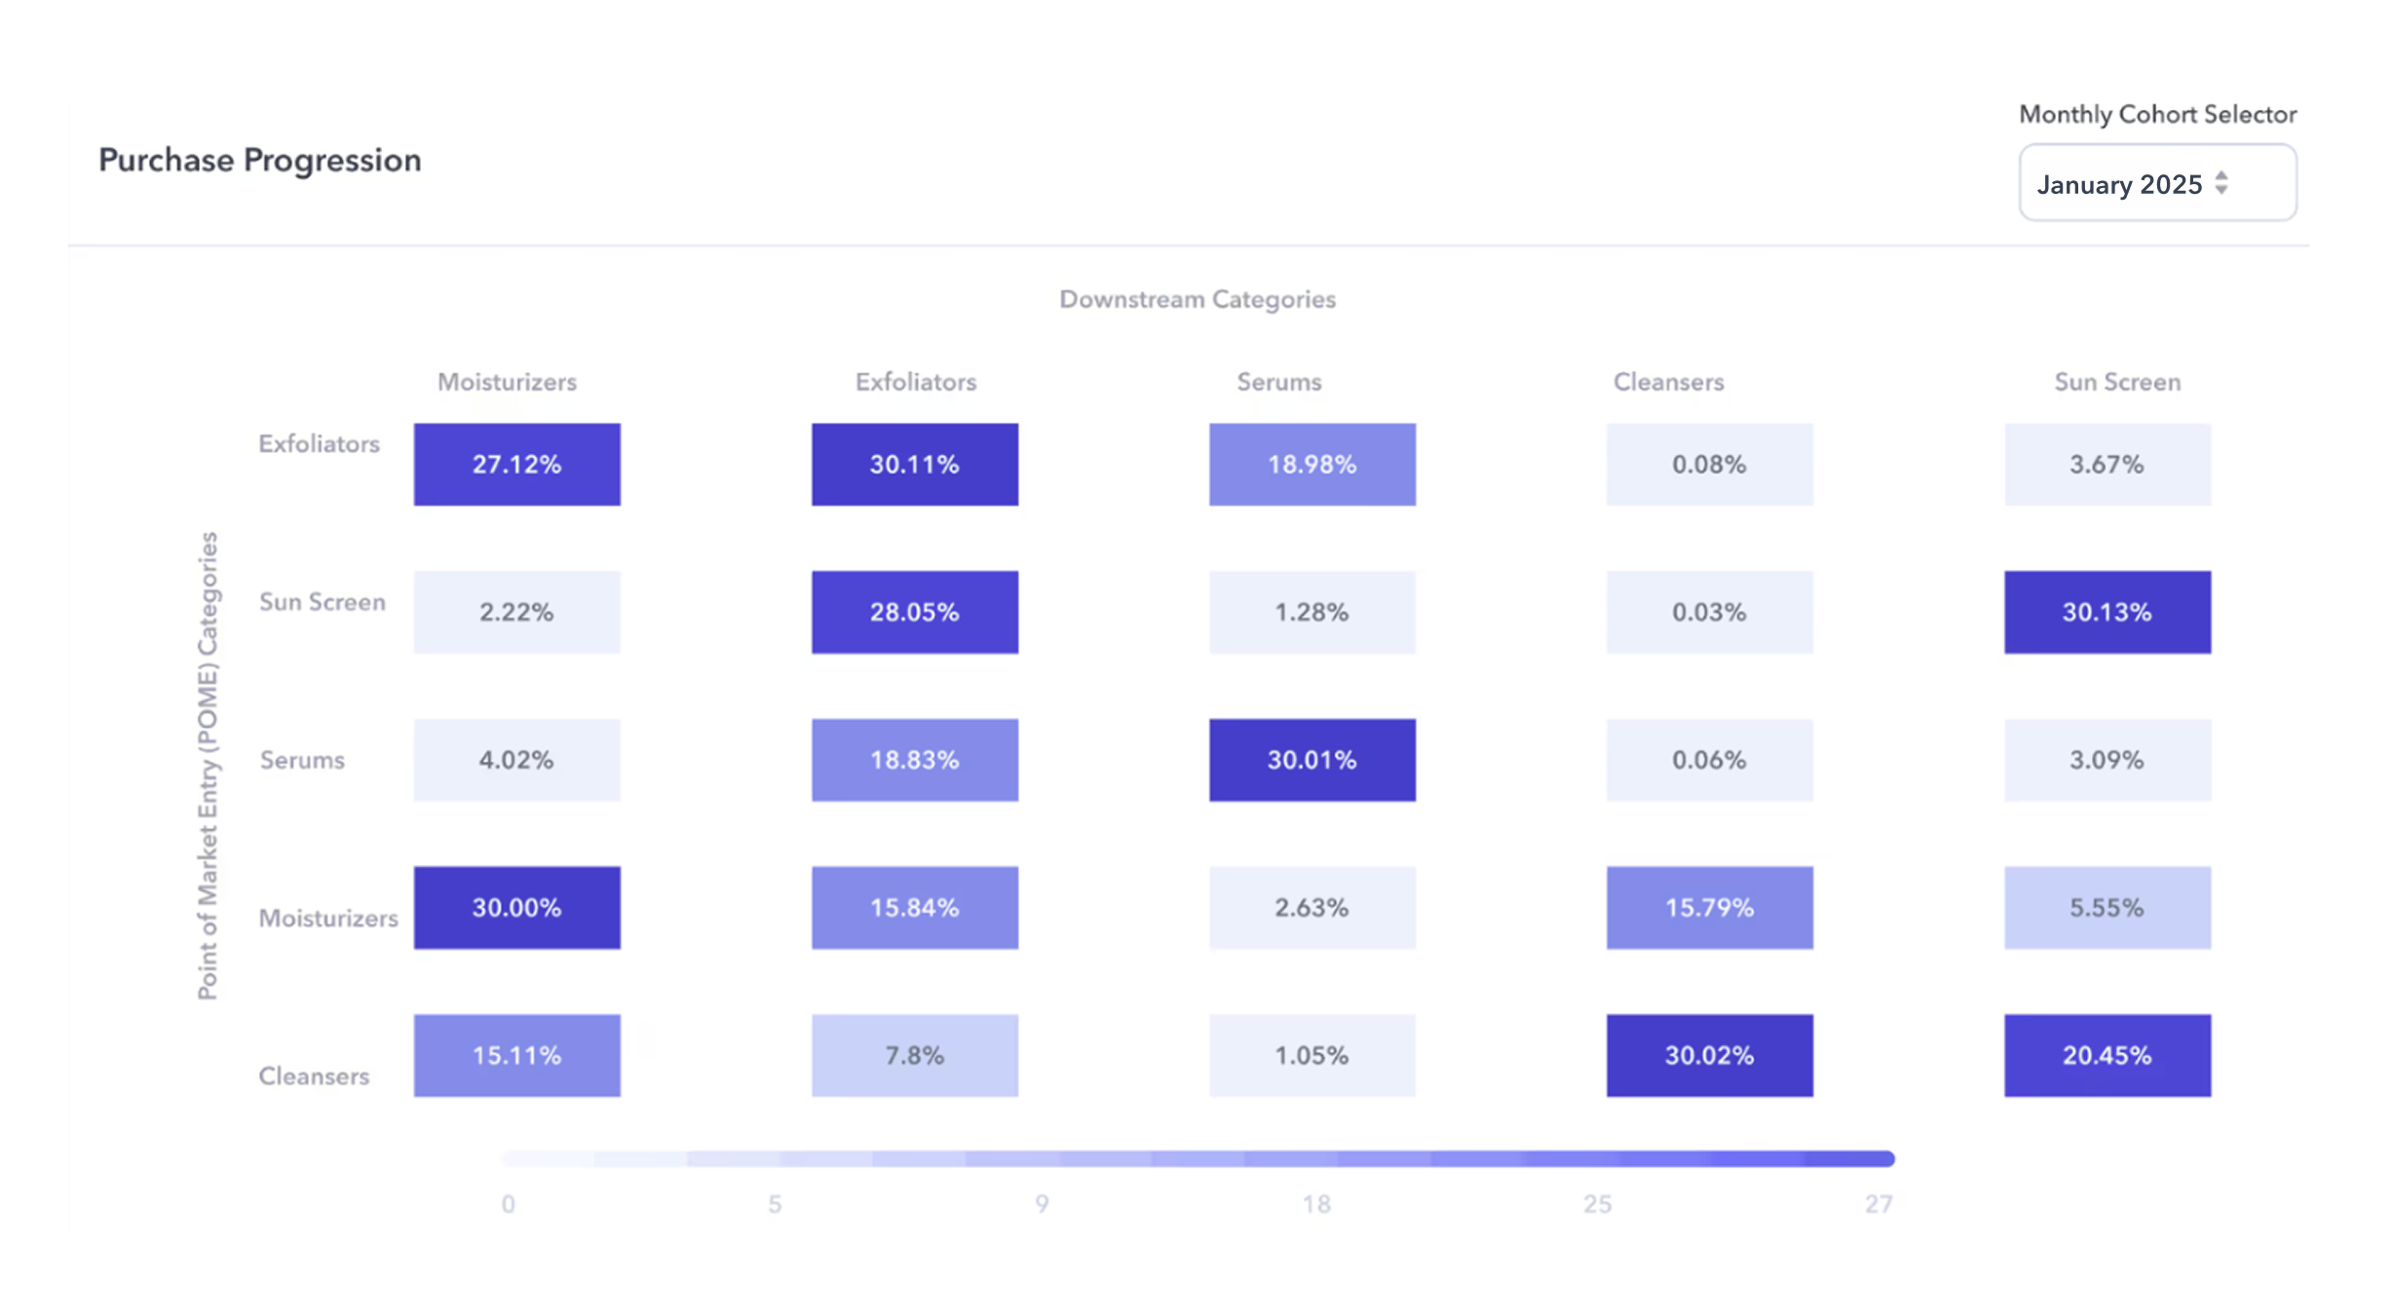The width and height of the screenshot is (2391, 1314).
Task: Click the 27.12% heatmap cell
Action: point(516,465)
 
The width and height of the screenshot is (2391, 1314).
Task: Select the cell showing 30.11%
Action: point(914,465)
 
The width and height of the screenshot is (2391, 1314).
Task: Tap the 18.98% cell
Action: point(1311,465)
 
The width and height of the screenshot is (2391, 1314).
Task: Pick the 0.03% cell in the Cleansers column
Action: point(1709,613)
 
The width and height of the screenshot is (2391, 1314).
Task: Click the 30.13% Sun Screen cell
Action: point(2106,613)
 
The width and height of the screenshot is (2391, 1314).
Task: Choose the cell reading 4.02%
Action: point(516,760)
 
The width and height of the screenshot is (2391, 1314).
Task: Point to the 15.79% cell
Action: point(1709,908)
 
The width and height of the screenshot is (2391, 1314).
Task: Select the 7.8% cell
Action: point(914,1056)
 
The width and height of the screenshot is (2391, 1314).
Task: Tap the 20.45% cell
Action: point(2106,1056)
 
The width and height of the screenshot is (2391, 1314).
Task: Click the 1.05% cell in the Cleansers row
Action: point(1311,1056)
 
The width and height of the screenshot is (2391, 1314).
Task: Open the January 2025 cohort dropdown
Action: point(2156,183)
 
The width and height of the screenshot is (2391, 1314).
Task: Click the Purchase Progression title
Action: point(260,161)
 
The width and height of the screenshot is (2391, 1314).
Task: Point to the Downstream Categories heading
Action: point(1196,300)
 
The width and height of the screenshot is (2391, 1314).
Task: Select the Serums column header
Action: point(1278,382)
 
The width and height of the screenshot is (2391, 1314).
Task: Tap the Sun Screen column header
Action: point(2116,382)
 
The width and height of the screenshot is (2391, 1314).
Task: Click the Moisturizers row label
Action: point(327,919)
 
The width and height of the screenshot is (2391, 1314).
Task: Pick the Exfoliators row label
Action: point(319,444)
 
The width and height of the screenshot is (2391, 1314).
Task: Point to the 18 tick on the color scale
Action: point(1315,1205)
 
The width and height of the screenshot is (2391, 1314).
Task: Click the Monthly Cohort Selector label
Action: point(2156,115)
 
